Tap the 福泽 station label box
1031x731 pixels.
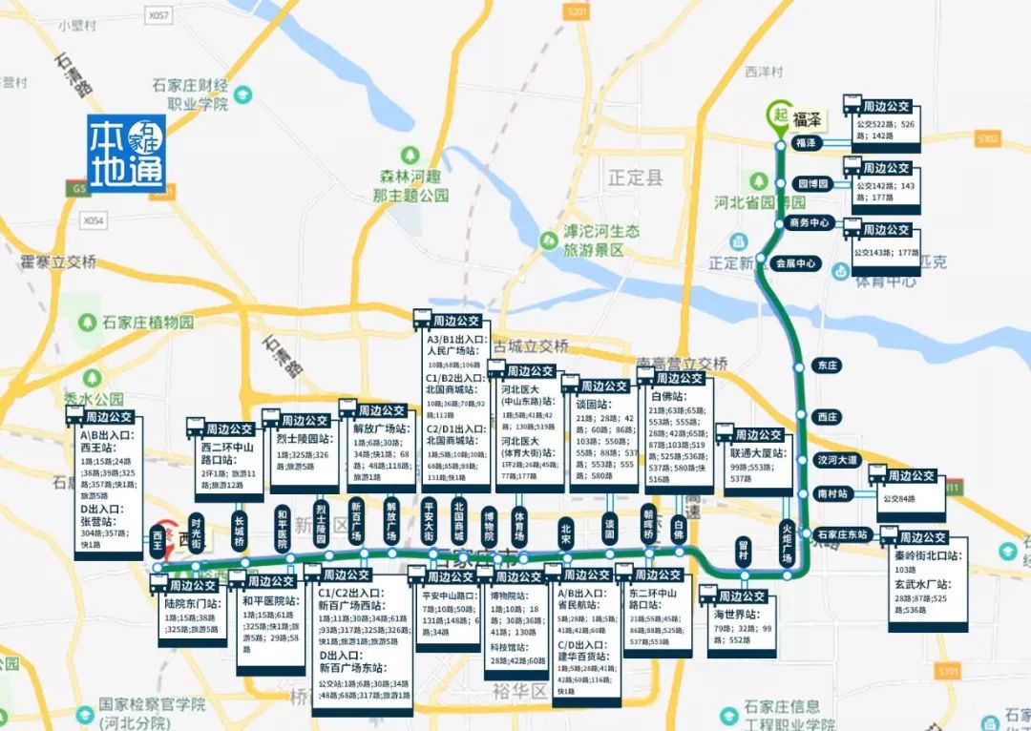point(807,143)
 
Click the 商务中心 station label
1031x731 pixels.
point(810,222)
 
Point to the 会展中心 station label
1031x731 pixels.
point(795,262)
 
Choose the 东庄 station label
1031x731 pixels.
point(827,365)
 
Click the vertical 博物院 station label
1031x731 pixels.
point(489,529)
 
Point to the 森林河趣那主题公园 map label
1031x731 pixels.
point(411,184)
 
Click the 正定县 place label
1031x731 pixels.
point(635,177)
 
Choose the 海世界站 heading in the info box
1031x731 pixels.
point(737,614)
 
